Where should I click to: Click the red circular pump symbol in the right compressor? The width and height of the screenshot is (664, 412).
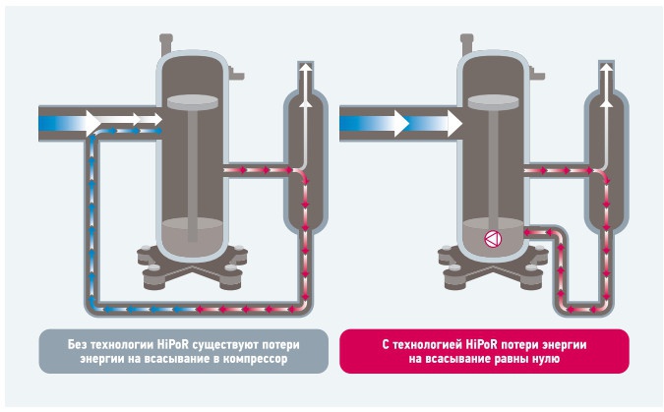point(493,239)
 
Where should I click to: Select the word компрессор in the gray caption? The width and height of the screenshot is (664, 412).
point(256,360)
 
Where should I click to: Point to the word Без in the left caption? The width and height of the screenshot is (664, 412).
point(77,345)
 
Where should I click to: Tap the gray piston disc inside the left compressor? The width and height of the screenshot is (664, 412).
point(193,102)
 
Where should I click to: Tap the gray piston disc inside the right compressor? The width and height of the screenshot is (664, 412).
point(494,102)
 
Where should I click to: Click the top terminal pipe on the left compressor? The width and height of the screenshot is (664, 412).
point(165,44)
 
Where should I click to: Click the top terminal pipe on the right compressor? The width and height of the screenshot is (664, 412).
point(466,44)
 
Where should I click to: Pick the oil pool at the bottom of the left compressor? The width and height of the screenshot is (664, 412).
point(193,237)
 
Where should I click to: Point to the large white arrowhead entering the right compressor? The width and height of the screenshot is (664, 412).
point(454,124)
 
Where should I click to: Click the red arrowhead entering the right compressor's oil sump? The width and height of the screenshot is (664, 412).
point(527,232)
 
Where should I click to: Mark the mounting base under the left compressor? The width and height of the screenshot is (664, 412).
point(192,267)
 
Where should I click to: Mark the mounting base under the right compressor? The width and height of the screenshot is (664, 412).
point(493,267)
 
